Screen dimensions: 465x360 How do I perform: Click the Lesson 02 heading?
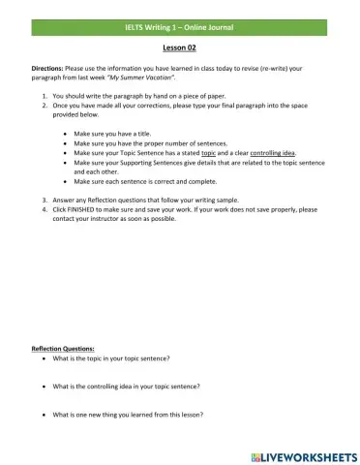point(179,46)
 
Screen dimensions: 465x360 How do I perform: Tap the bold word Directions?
point(47,70)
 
